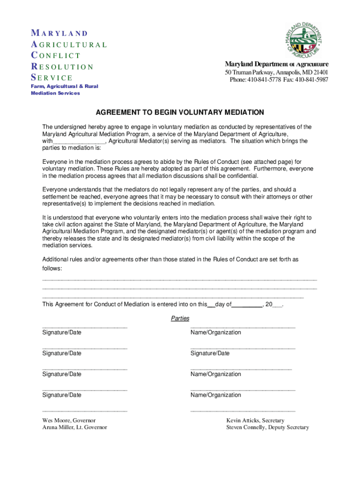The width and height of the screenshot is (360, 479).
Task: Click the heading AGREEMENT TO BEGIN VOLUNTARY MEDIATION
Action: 180,113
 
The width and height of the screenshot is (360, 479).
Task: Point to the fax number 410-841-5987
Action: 312,80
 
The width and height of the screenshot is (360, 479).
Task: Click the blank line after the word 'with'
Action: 79,141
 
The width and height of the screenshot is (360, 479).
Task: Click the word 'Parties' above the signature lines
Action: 180,319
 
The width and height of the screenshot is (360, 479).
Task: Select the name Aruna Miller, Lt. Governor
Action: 75,428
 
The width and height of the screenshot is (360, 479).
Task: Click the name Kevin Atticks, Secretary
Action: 255,421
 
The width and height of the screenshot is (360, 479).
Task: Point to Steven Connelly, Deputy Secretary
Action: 267,428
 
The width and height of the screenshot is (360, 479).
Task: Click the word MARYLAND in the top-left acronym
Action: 59,33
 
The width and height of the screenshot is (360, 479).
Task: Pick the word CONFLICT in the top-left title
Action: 56,56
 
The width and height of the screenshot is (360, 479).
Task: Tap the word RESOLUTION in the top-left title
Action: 62,67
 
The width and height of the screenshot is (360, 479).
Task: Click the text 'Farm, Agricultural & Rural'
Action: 65,87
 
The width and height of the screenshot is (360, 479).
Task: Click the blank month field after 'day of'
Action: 247,305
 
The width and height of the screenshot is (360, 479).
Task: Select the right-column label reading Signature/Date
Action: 210,353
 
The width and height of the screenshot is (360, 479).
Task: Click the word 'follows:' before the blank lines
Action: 52,269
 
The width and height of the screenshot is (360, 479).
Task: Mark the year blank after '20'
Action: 277,305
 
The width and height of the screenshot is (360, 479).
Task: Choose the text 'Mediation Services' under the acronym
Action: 55,93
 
